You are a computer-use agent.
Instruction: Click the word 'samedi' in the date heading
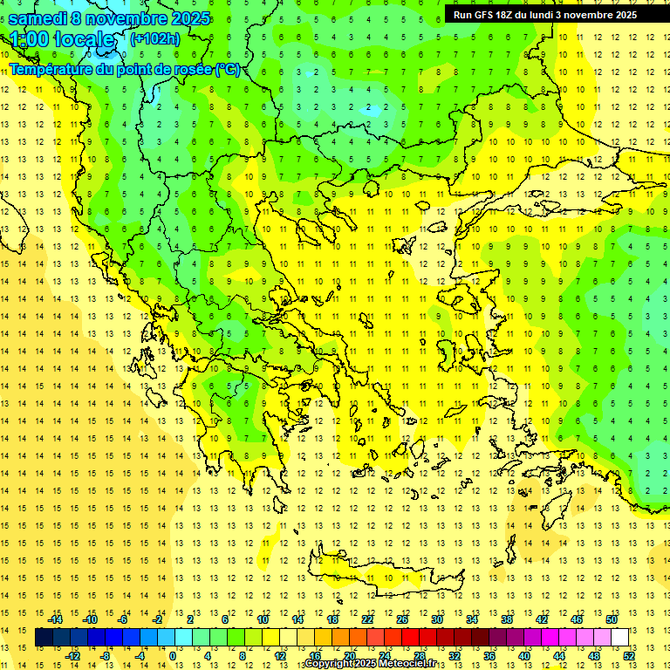[x=40, y=18]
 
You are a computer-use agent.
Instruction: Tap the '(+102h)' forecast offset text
[x=154, y=38]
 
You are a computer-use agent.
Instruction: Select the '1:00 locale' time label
[x=62, y=39]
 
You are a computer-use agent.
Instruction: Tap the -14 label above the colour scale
[x=55, y=619]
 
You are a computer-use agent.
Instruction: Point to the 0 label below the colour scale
[x=173, y=655]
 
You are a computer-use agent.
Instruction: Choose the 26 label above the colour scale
[x=402, y=619]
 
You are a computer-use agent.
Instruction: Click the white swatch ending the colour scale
[x=619, y=638]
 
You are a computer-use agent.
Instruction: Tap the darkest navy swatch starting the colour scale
[x=44, y=638]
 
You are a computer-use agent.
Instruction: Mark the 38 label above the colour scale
[x=506, y=619]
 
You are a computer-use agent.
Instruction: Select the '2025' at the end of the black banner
[x=624, y=15]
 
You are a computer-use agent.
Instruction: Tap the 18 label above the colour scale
[x=332, y=619]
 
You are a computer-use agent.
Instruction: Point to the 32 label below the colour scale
[x=455, y=655]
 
